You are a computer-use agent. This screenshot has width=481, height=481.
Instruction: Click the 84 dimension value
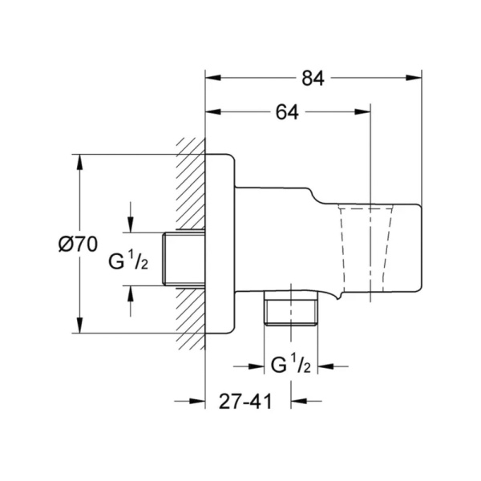click(313, 79)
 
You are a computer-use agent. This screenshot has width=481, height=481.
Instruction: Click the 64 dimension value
click(287, 112)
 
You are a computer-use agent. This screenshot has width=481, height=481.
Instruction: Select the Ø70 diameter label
click(78, 245)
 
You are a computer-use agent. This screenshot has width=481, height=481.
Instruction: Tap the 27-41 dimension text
click(245, 402)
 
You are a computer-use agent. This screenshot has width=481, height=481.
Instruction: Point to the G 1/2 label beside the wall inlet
click(128, 261)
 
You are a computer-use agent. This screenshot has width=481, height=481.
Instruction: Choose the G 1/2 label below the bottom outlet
click(291, 364)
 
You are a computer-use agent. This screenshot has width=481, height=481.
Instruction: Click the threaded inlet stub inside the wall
click(184, 259)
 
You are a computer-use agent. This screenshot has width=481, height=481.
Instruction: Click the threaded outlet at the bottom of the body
click(291, 308)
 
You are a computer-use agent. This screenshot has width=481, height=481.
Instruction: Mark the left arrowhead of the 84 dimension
click(213, 78)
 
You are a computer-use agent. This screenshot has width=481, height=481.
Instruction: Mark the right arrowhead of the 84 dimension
click(414, 78)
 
